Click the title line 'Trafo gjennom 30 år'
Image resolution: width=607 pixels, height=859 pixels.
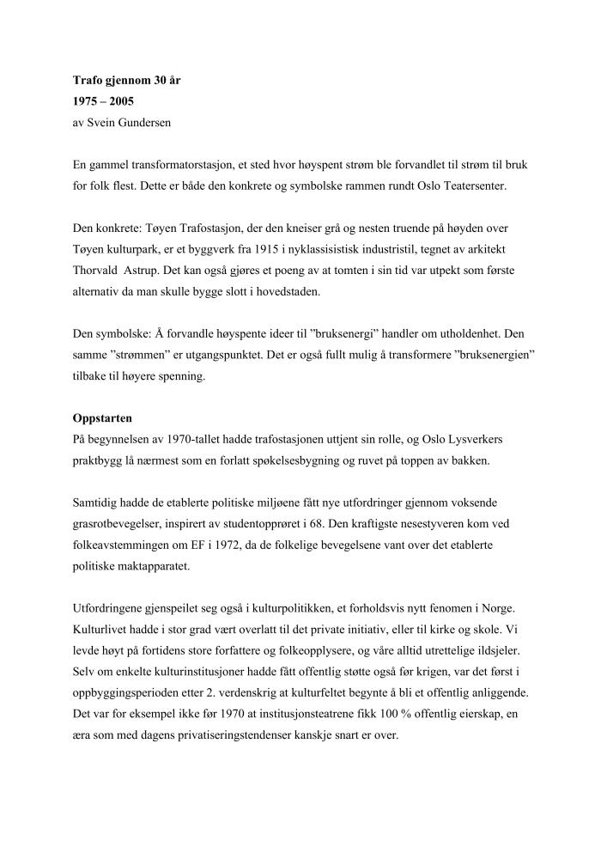(x=126, y=82)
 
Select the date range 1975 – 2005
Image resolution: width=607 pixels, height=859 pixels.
(x=103, y=102)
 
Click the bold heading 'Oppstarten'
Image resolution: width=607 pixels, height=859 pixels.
(x=103, y=418)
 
